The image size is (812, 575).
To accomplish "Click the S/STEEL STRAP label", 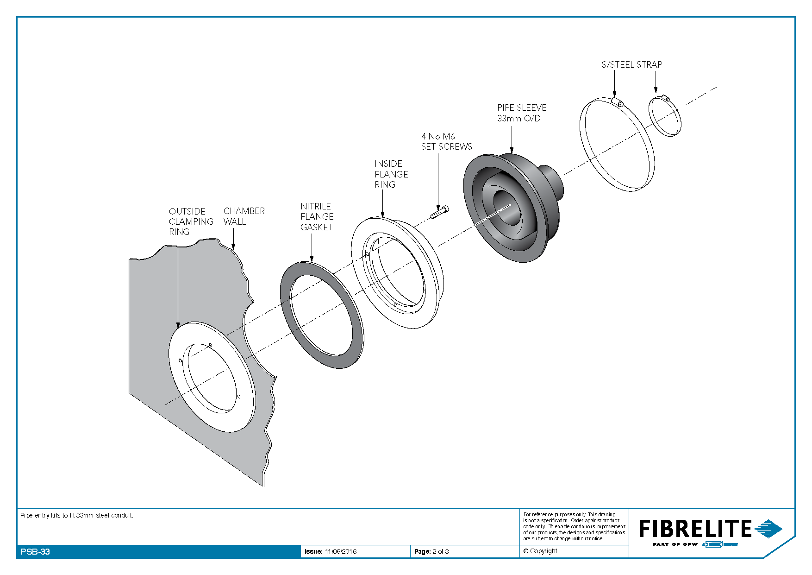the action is (x=632, y=64).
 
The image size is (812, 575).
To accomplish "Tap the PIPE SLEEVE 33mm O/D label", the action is (x=522, y=113).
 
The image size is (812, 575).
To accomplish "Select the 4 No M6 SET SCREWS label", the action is (x=446, y=141).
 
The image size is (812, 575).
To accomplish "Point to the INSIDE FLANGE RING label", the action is (x=391, y=174).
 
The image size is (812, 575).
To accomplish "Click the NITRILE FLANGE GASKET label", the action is (x=317, y=217).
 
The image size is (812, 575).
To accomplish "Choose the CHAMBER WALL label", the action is (x=244, y=216).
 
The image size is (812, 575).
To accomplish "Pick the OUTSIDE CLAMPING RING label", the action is (x=191, y=221).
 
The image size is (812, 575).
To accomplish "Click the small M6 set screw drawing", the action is (x=439, y=212).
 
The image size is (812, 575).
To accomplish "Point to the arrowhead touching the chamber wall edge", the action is (x=233, y=246).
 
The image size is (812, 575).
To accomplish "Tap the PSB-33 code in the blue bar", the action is (x=35, y=552).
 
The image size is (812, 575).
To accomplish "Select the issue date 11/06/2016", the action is (x=341, y=551).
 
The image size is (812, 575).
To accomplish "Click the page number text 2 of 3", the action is (x=441, y=551).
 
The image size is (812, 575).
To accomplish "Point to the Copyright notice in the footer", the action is (x=540, y=551).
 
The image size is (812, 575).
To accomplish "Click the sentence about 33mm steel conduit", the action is (x=77, y=515).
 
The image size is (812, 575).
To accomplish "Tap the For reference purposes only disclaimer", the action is (x=575, y=526).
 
